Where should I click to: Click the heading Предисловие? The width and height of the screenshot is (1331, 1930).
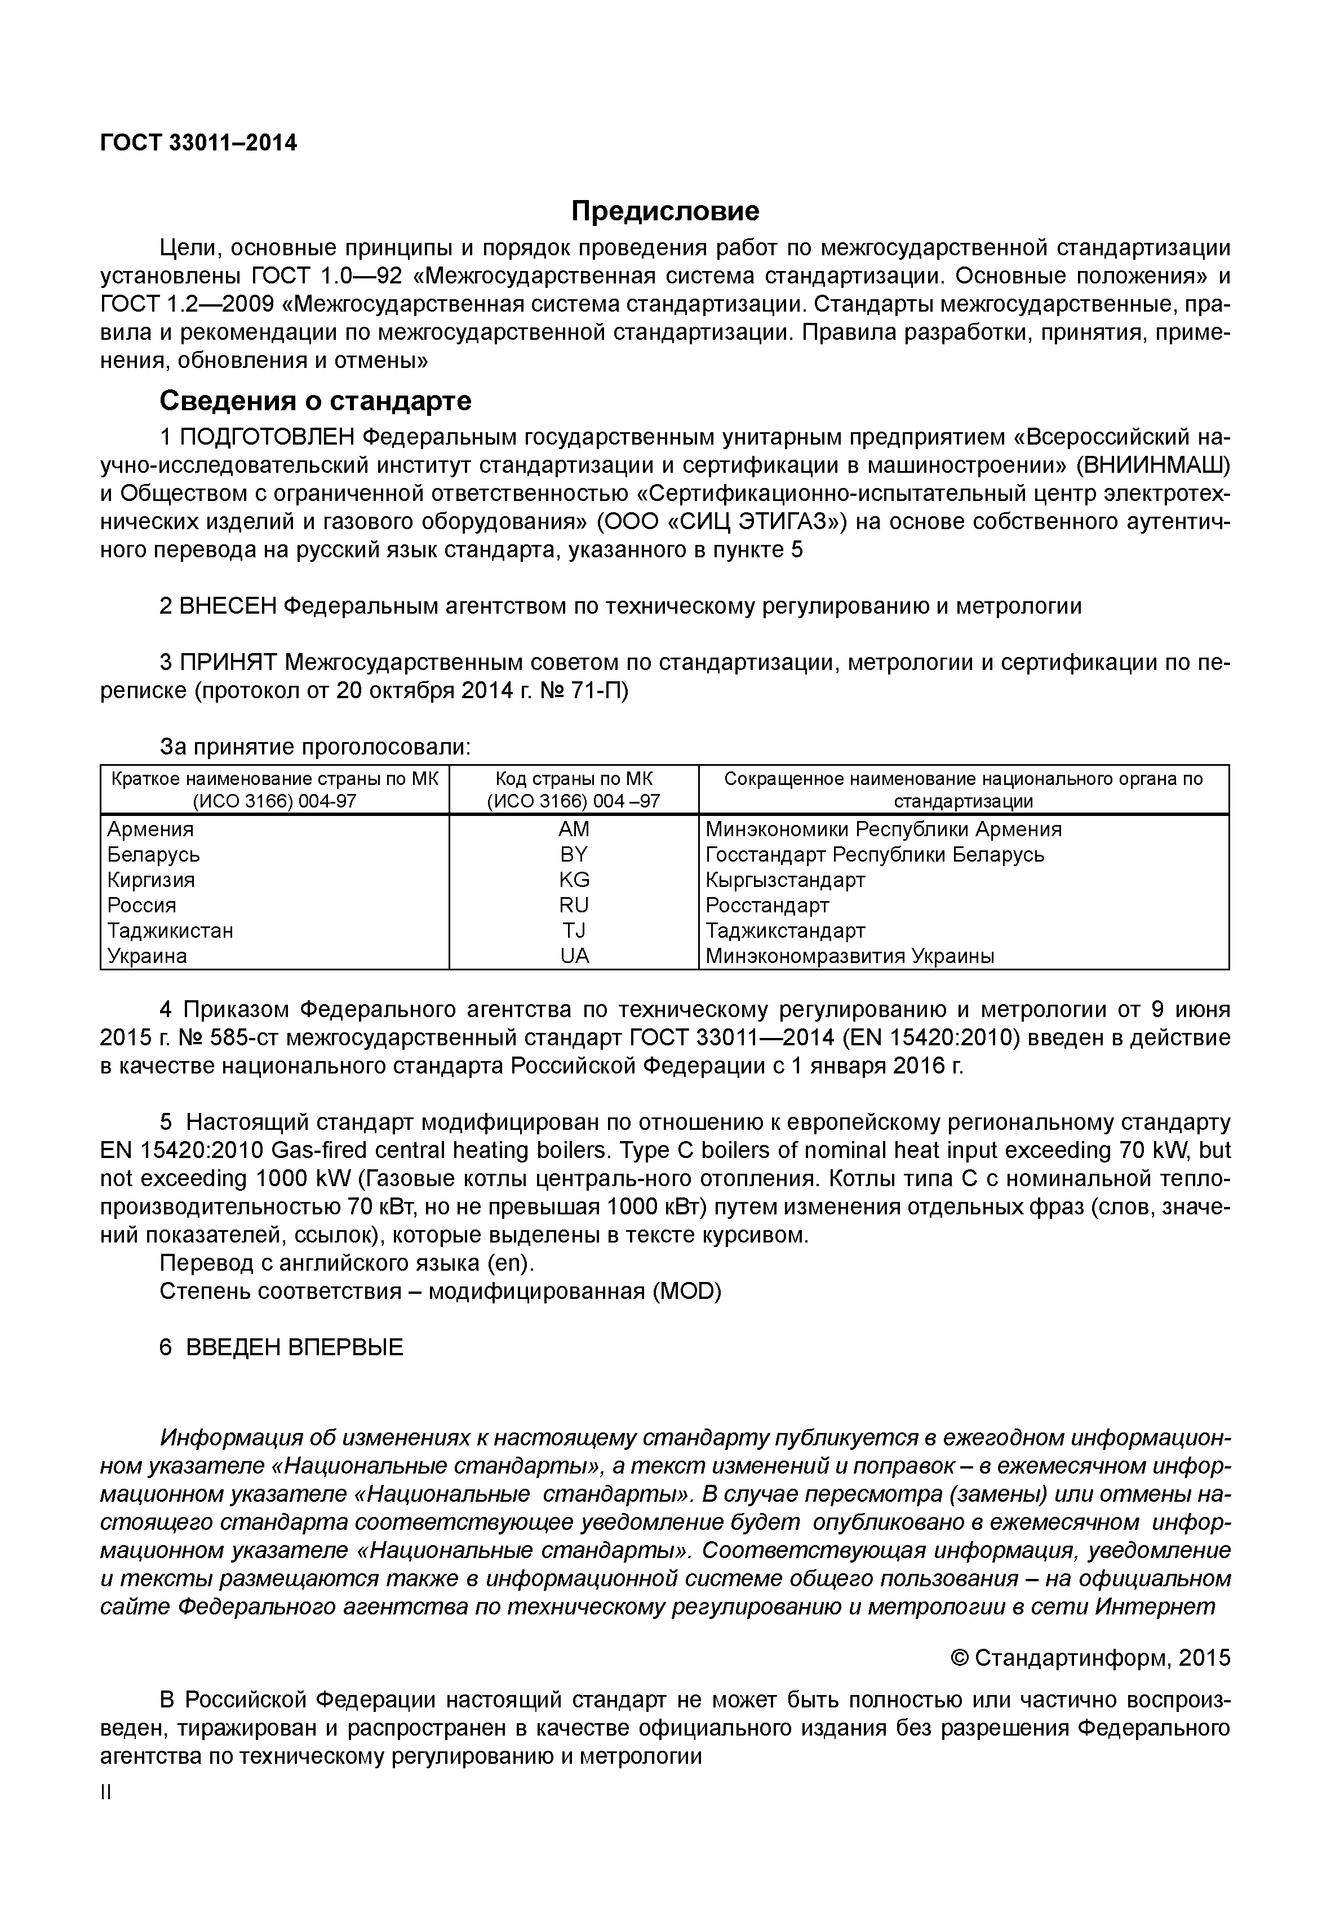pos(665,211)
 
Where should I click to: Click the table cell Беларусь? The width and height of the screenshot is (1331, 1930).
pos(153,855)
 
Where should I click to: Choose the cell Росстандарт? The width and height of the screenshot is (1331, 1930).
pos(767,905)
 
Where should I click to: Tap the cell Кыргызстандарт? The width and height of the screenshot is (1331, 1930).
pos(786,880)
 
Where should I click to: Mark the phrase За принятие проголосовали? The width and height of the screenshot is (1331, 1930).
pos(315,747)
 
